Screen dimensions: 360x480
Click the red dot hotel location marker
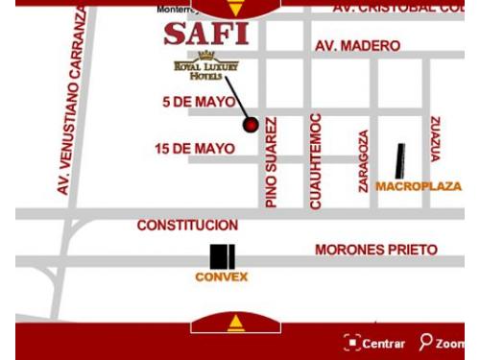click(252, 125)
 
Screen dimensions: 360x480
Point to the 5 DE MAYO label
click(200, 101)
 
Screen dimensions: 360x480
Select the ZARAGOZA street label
click(364, 161)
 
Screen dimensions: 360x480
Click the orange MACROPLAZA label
click(419, 185)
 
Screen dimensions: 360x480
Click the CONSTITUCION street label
click(187, 225)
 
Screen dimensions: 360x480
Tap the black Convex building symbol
click(223, 256)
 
